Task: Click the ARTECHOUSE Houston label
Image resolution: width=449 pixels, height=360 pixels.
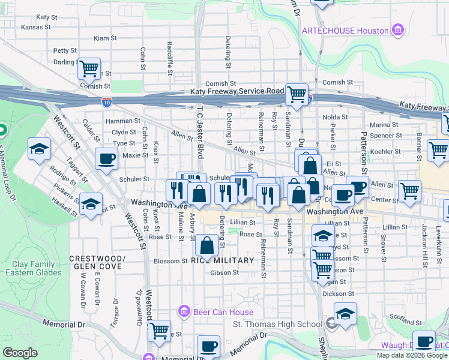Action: click(344, 30)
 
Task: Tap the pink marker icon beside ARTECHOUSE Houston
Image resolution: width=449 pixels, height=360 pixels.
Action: click(396, 29)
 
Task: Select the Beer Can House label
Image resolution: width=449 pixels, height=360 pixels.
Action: click(223, 312)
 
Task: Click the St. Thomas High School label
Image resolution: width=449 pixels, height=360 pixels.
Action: click(277, 325)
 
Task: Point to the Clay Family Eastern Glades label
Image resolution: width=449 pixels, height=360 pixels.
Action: click(37, 268)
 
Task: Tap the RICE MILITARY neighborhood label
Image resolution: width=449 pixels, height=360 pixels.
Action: click(217, 260)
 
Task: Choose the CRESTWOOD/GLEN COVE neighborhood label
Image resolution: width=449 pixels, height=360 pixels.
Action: click(97, 262)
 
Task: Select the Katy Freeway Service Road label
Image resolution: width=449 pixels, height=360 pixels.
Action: click(237, 91)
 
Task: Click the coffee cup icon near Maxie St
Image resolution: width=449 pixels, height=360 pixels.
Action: click(107, 159)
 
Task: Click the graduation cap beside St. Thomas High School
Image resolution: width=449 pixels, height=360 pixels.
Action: click(345, 314)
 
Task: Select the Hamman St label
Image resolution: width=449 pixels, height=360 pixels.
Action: click(118, 121)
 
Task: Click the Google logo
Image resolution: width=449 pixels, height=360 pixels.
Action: click(20, 353)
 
